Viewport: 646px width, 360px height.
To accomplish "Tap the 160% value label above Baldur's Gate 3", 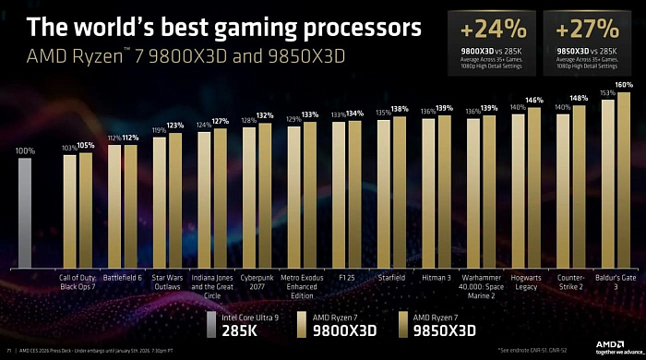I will [x=624, y=85].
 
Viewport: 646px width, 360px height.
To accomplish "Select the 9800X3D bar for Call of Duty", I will [x=69, y=210].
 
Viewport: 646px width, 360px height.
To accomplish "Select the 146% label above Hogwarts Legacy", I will [x=534, y=100].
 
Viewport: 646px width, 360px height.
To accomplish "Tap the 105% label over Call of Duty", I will [x=86, y=145].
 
